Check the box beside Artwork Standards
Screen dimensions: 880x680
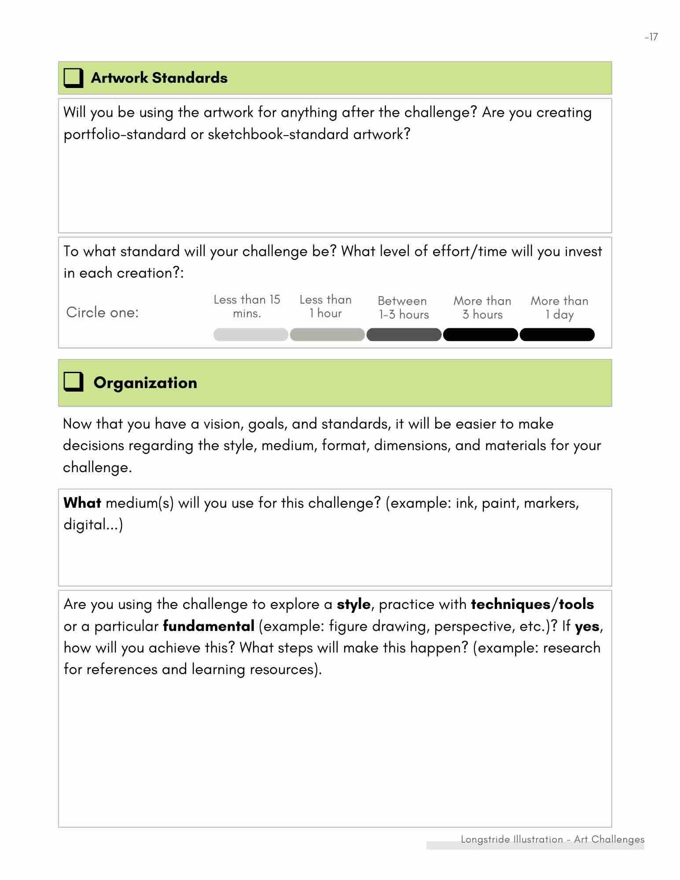pyautogui.click(x=73, y=78)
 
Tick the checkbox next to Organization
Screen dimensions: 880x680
pyautogui.click(x=73, y=382)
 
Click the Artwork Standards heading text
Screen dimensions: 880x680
pyautogui.click(x=159, y=78)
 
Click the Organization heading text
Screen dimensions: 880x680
pyautogui.click(x=145, y=383)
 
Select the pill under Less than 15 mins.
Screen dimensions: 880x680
pyautogui.click(x=250, y=335)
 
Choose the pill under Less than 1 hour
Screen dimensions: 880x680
pyautogui.click(x=327, y=335)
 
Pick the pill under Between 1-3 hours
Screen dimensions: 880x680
pyautogui.click(x=404, y=335)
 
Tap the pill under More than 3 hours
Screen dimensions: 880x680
pyautogui.click(x=480, y=335)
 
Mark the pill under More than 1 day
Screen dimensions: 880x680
pyautogui.click(x=557, y=335)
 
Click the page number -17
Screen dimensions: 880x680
pyautogui.click(x=651, y=37)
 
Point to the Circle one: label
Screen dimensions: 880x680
pyautogui.click(x=102, y=312)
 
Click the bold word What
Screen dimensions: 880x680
pyautogui.click(x=82, y=503)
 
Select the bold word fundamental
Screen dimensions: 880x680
pyautogui.click(x=208, y=626)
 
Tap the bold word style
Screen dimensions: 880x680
pyautogui.click(x=353, y=605)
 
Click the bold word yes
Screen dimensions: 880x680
pyautogui.click(x=587, y=626)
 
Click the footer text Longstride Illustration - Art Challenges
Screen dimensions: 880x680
pyautogui.click(x=552, y=840)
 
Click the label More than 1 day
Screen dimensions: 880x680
pyautogui.click(x=559, y=308)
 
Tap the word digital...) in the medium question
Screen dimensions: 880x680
pyautogui.click(x=93, y=525)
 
